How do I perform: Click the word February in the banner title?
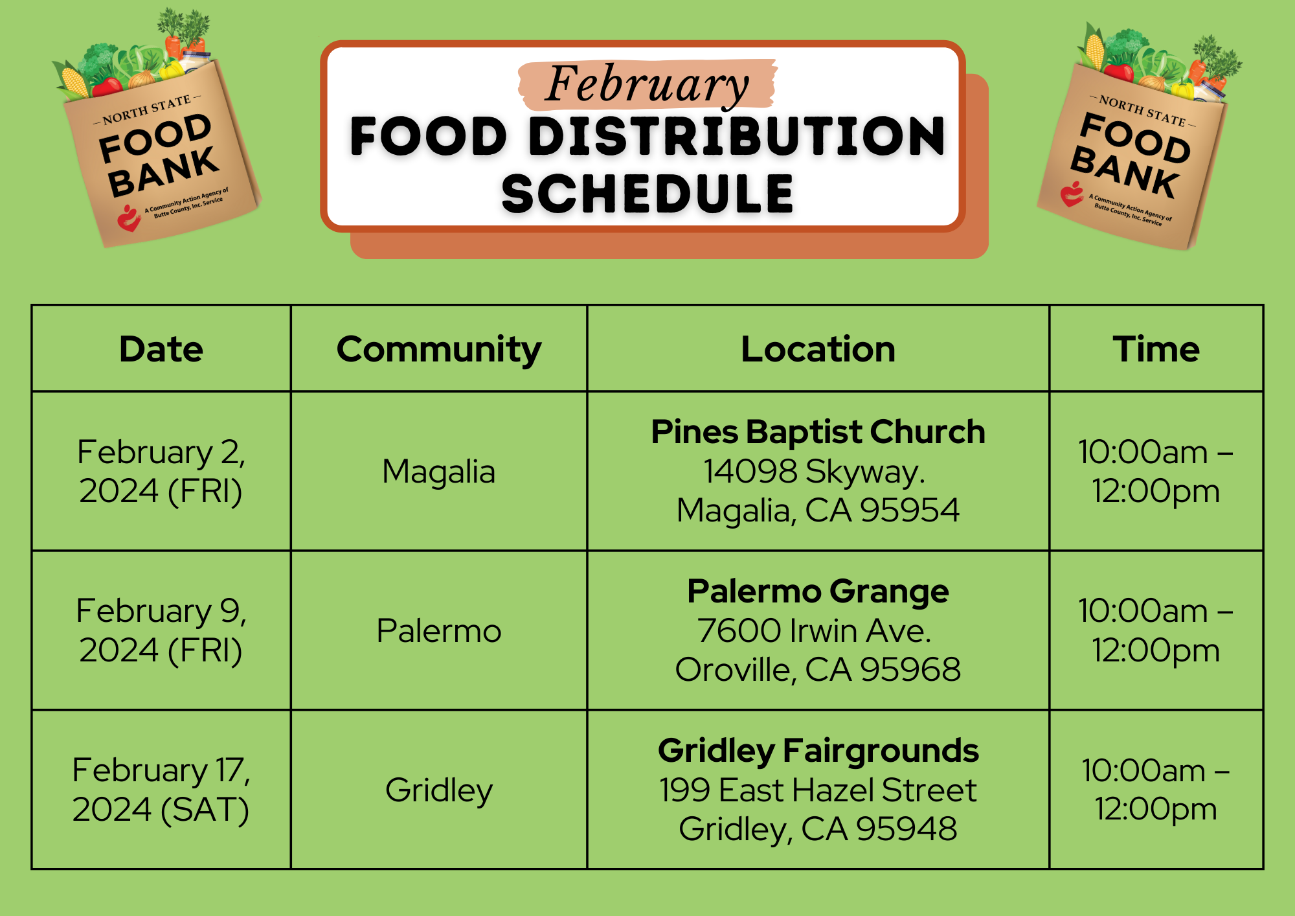tap(647, 85)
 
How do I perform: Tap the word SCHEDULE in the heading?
tap(647, 194)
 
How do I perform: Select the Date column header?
tap(161, 349)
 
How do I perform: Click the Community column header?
tap(439, 350)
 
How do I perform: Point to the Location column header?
tap(818, 349)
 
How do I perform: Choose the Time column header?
tap(1156, 349)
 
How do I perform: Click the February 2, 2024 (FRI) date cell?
tap(161, 471)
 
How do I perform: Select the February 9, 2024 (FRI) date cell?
tap(161, 630)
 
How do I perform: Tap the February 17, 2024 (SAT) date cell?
tap(161, 790)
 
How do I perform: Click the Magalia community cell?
tap(439, 472)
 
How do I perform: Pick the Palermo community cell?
tap(439, 631)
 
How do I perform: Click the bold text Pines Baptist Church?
tap(818, 432)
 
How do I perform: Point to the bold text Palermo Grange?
tap(818, 592)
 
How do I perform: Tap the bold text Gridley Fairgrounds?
tap(818, 751)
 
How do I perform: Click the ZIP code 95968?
tap(910, 670)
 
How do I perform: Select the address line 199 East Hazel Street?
tap(818, 790)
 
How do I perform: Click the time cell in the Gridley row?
tap(1156, 790)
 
